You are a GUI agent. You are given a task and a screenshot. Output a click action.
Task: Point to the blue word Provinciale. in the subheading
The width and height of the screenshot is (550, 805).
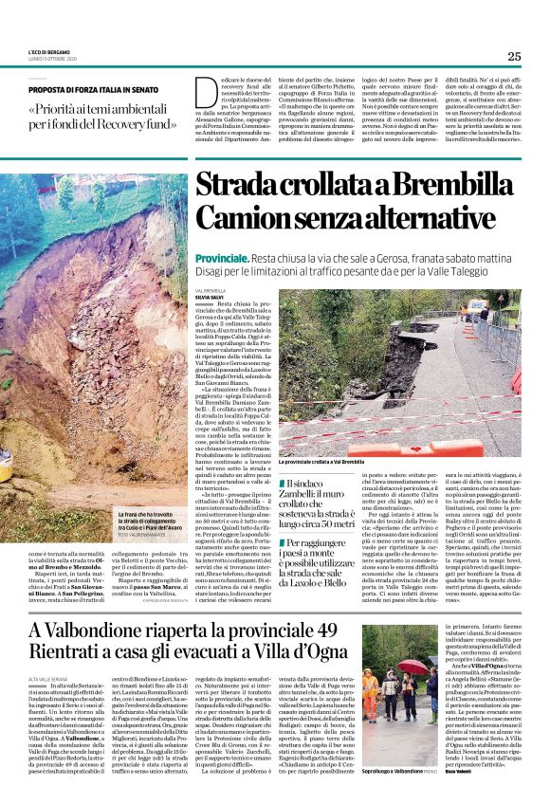(222, 259)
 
